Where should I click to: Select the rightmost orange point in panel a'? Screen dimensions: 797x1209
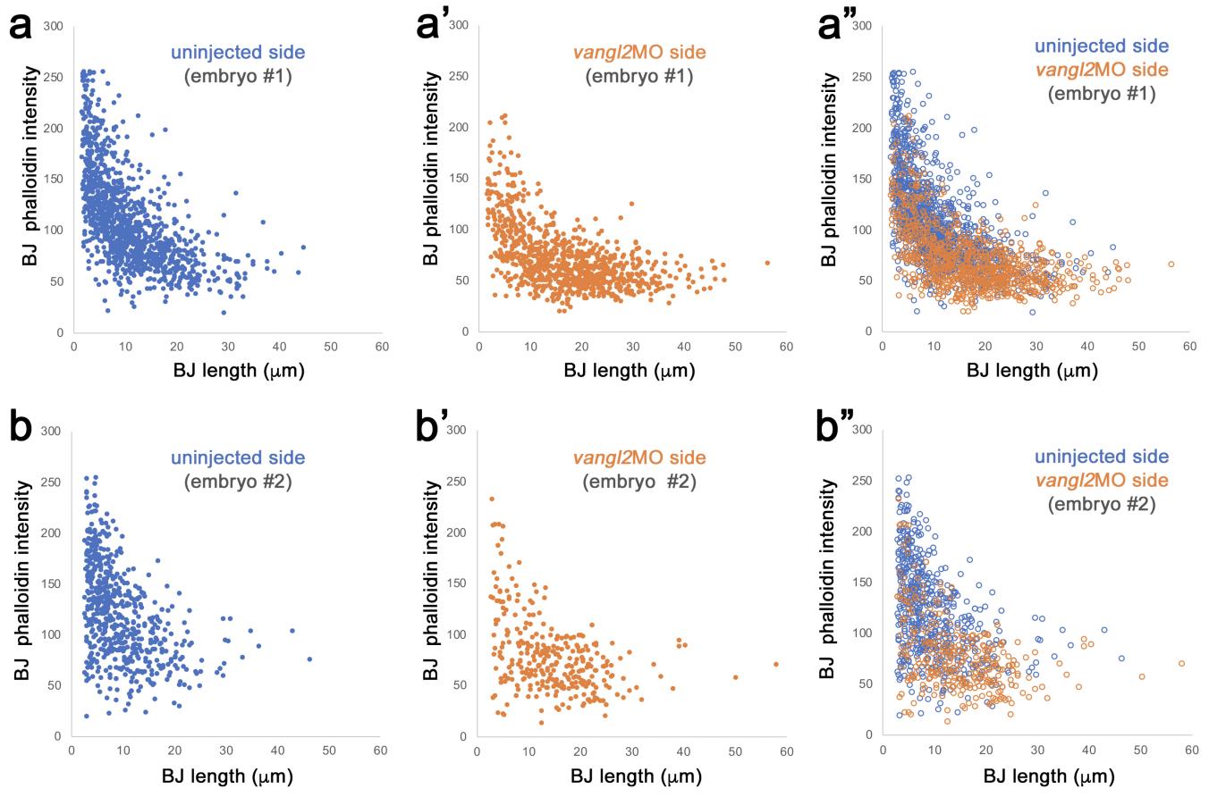tap(767, 263)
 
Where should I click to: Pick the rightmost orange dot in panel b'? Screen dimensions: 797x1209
tap(775, 664)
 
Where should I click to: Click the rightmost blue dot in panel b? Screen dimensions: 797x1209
tap(309, 659)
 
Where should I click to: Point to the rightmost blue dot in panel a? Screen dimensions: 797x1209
tap(303, 247)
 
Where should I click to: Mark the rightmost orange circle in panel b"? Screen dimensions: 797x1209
tap(1181, 663)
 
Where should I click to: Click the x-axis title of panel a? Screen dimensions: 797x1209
tap(239, 371)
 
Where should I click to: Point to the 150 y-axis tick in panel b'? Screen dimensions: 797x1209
tap(460, 583)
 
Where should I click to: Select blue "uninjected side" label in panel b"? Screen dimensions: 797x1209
tap(1101, 457)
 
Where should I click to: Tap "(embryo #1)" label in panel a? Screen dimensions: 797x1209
tap(238, 76)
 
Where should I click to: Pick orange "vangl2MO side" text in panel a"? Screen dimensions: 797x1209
tap(1101, 70)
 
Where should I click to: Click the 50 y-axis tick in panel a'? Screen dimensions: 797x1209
tap(463, 281)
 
